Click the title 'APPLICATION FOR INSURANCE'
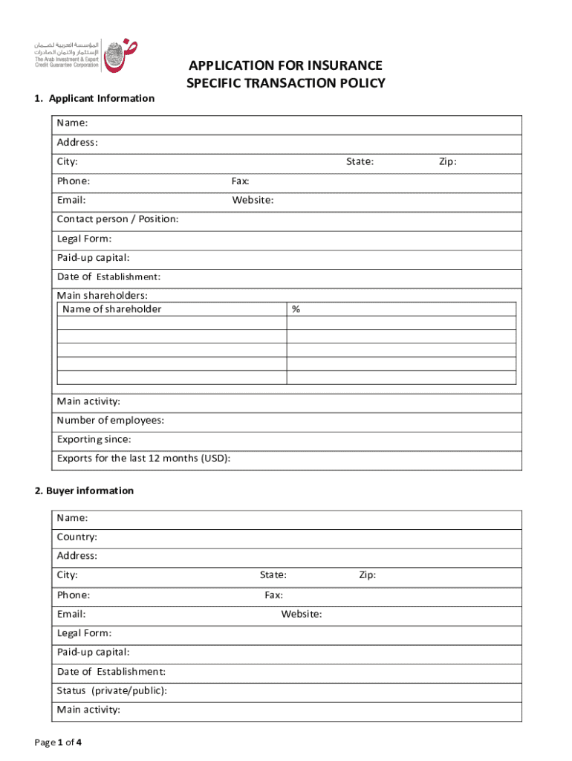click(x=285, y=65)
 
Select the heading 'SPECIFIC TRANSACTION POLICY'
click(x=285, y=83)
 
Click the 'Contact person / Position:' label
click(x=117, y=219)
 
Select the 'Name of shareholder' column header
click(x=111, y=309)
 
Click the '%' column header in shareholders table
click(x=296, y=309)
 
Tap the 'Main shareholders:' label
click(x=102, y=296)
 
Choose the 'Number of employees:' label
click(x=111, y=421)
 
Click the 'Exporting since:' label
click(x=94, y=439)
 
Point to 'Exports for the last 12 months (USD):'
click(x=143, y=458)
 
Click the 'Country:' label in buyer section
click(x=77, y=537)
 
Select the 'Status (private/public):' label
click(x=111, y=690)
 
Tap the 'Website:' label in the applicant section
click(x=253, y=200)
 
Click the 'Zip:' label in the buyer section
click(x=367, y=575)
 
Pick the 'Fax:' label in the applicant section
click(x=241, y=181)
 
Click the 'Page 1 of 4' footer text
click(x=58, y=742)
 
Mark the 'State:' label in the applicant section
click(x=360, y=162)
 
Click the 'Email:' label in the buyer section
click(x=71, y=614)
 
